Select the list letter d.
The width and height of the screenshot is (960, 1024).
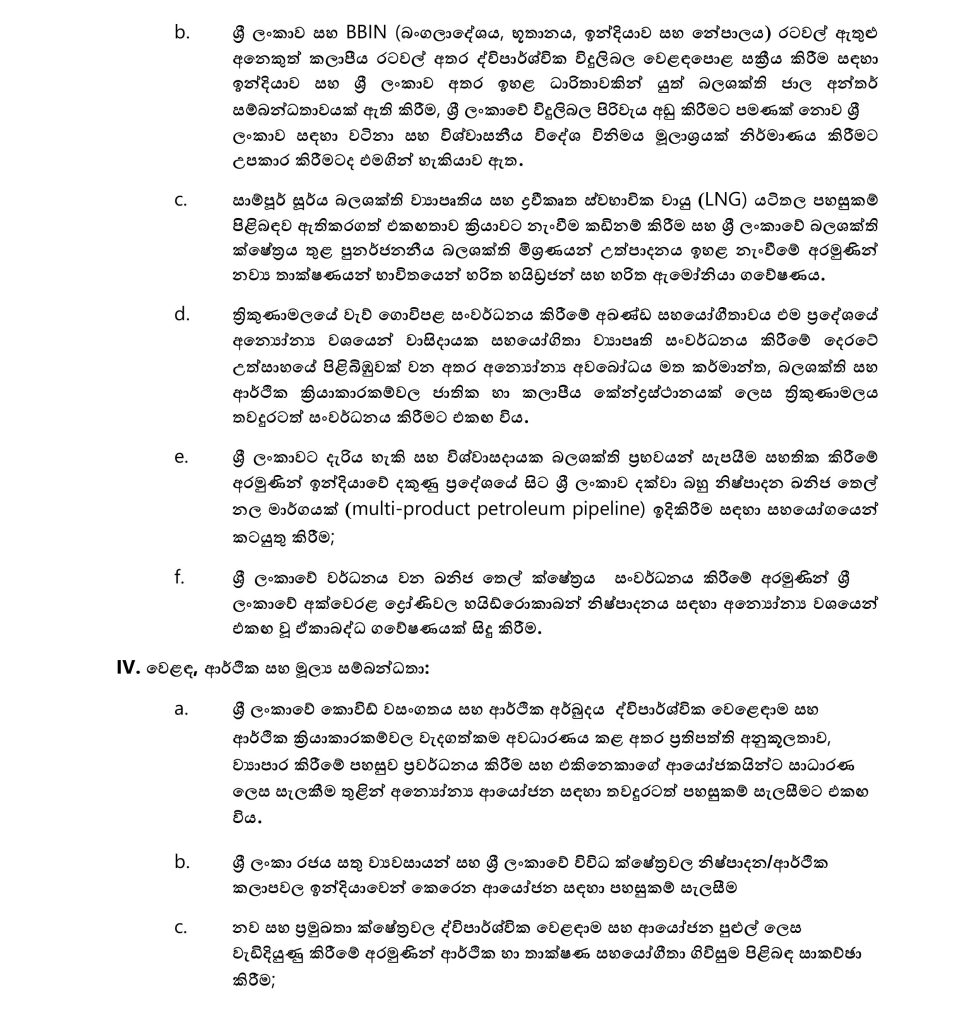pos(181,314)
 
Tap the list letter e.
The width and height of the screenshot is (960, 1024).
pos(181,457)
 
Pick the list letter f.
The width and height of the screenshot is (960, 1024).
pos(180,576)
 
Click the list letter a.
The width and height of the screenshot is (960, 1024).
pos(181,709)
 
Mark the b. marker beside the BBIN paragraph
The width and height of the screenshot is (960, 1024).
pos(181,32)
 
